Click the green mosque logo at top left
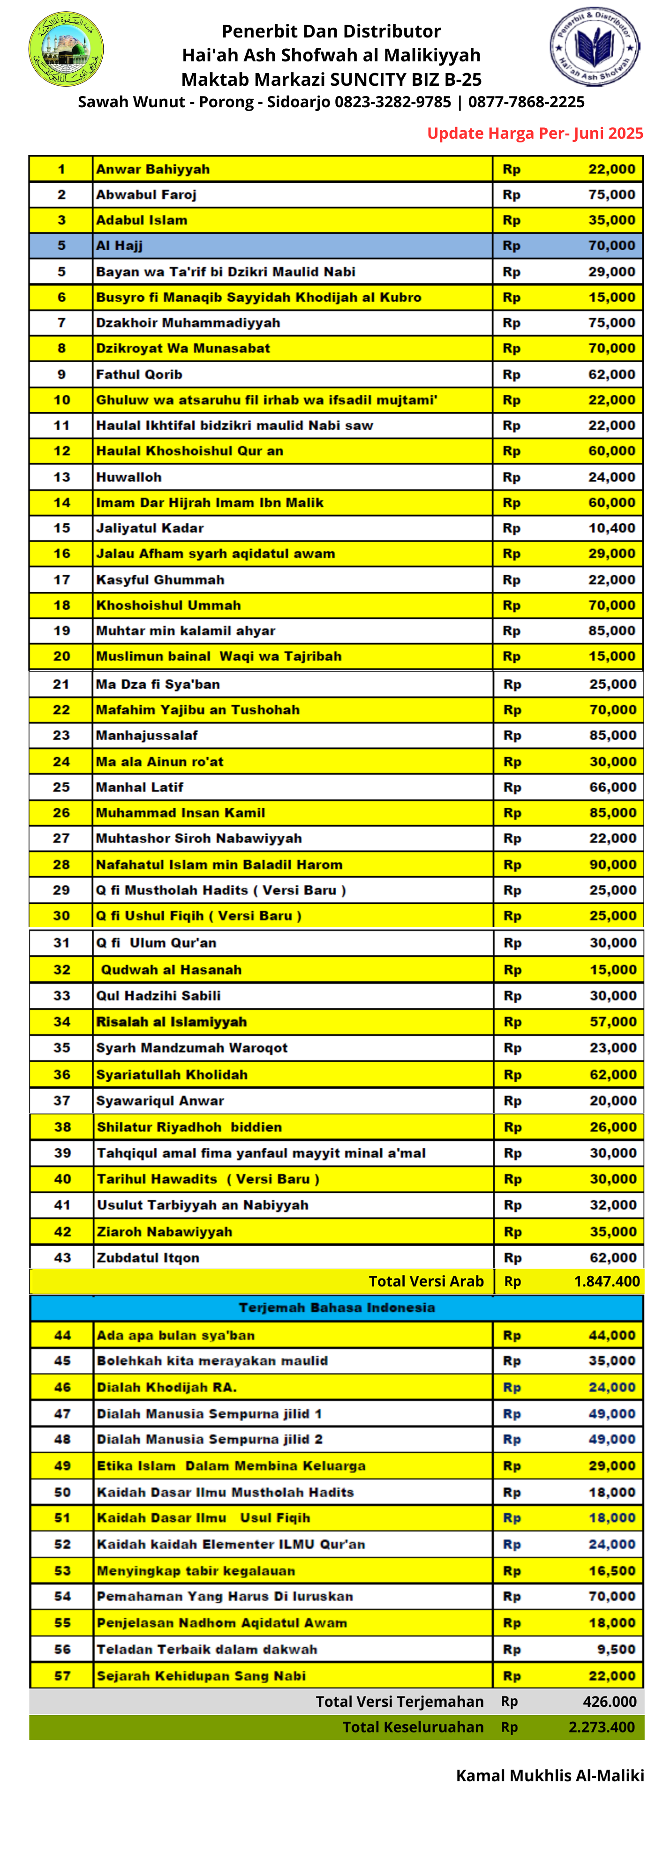(66, 49)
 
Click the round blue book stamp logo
(594, 47)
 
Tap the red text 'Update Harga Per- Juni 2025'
(535, 133)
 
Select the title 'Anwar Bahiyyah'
(153, 170)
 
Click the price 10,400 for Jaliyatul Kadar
(611, 528)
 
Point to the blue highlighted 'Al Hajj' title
(120, 246)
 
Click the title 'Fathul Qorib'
(139, 375)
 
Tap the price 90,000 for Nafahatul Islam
(612, 864)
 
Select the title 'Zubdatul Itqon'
(148, 1258)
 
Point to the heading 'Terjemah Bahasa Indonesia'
(337, 1307)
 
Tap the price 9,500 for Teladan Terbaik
(617, 1649)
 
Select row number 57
(62, 1675)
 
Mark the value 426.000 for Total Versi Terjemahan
(609, 1702)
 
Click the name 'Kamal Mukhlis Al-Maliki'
(550, 1775)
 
